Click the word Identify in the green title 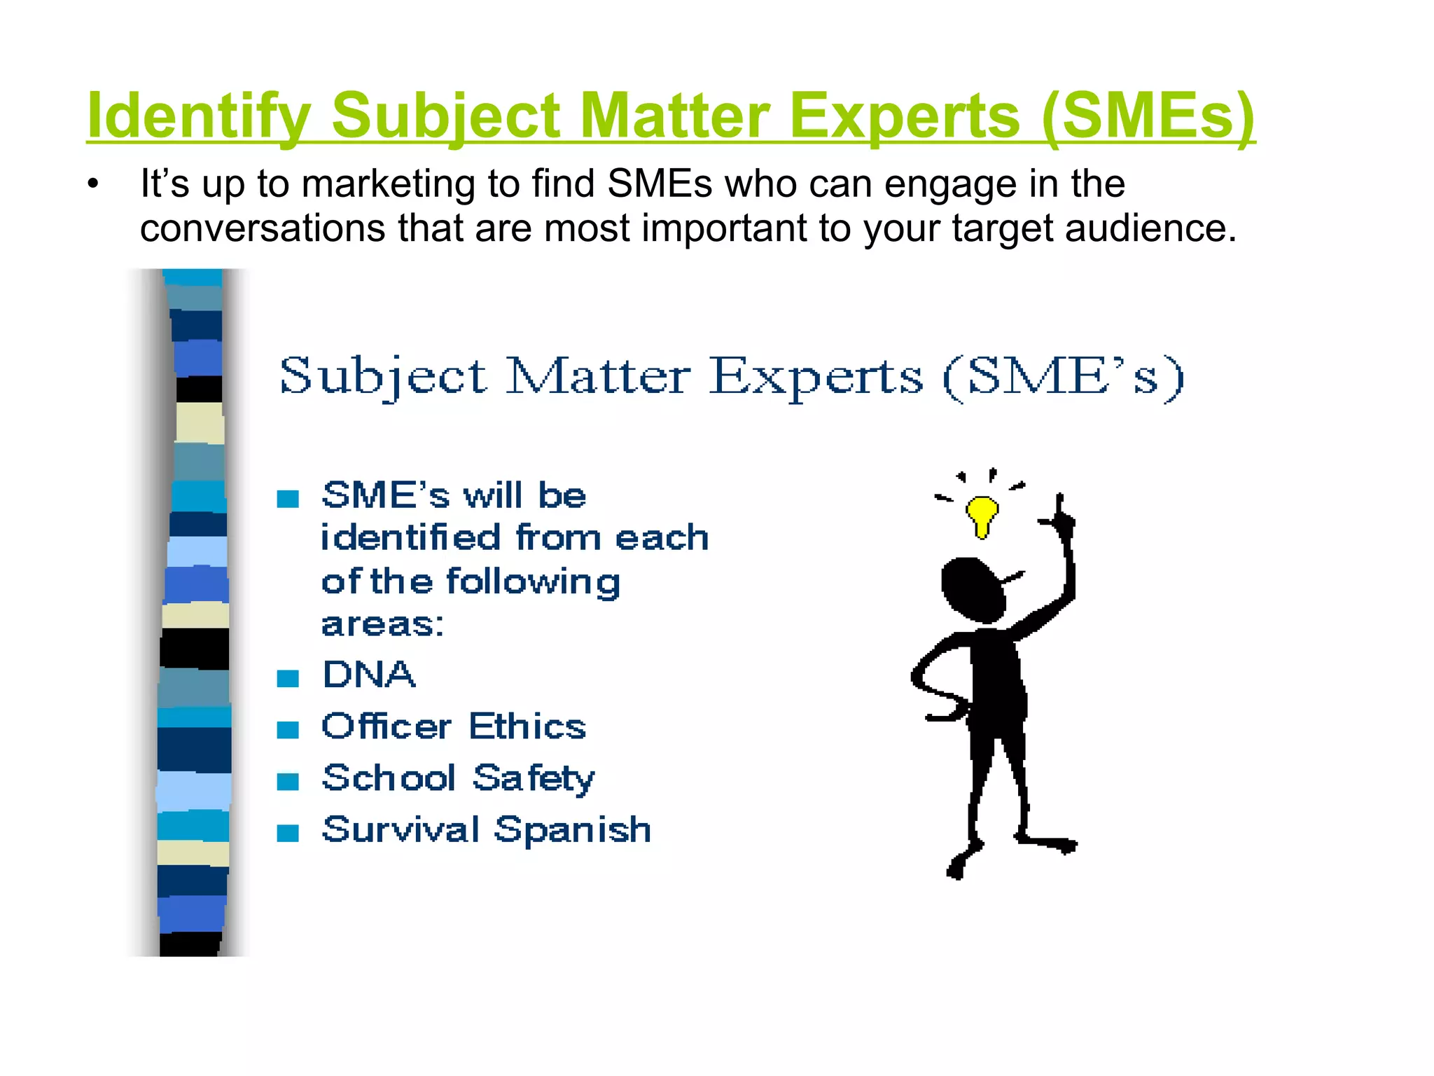[x=199, y=116]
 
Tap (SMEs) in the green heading [x=1148, y=116]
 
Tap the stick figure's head [x=973, y=589]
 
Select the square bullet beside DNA [x=288, y=678]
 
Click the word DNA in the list [x=369, y=675]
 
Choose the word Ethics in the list [x=527, y=726]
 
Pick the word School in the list [x=389, y=778]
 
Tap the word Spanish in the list [x=573, y=830]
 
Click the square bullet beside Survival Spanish [x=288, y=833]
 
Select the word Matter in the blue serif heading [x=598, y=377]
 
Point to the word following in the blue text [x=533, y=582]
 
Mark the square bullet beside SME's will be [x=288, y=499]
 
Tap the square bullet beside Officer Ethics [x=288, y=730]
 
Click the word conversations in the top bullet [x=263, y=228]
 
